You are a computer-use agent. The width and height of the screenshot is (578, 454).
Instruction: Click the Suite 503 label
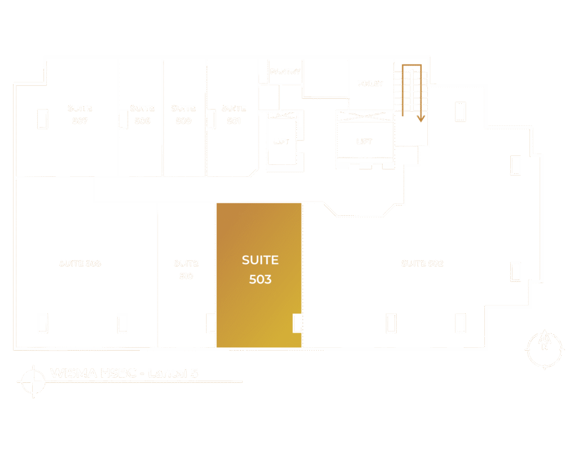click(260, 269)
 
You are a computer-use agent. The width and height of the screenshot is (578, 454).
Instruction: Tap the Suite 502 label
click(422, 263)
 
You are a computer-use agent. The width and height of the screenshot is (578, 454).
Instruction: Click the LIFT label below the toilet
click(364, 141)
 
